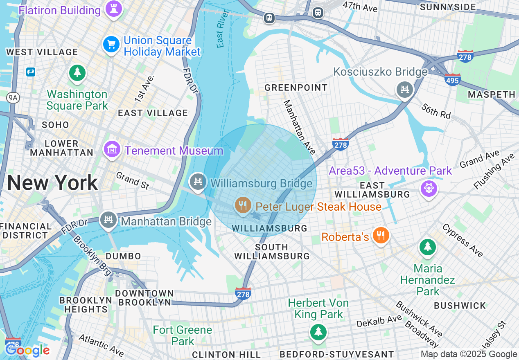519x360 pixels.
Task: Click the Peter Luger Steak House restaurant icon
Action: tap(243, 205)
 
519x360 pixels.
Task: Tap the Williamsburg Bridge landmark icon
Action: tap(199, 181)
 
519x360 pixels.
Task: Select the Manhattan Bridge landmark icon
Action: tap(108, 220)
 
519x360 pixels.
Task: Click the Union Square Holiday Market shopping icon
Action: tap(111, 44)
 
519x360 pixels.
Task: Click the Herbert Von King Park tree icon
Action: tap(318, 331)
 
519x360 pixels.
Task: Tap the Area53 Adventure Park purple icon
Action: tap(429, 189)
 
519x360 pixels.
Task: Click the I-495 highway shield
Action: tap(452, 80)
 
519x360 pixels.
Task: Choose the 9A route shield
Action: tap(14, 97)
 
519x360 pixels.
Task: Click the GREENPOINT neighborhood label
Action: tap(296, 88)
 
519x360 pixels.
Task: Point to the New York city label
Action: tap(52, 182)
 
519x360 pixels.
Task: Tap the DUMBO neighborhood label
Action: tap(123, 256)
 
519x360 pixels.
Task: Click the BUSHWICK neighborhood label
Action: tap(460, 306)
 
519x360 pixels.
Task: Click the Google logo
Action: tap(27, 350)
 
